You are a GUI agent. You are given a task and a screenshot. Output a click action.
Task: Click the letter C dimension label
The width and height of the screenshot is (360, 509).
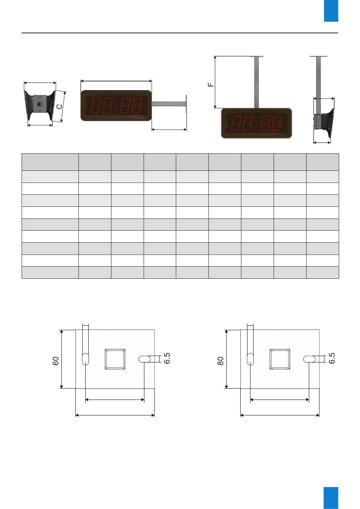click(x=59, y=106)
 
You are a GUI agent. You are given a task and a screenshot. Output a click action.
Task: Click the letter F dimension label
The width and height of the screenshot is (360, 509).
click(x=211, y=85)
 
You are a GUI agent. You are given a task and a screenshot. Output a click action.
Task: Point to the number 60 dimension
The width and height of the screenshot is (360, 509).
click(x=56, y=361)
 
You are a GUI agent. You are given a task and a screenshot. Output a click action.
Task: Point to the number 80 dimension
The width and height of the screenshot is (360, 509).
click(x=221, y=361)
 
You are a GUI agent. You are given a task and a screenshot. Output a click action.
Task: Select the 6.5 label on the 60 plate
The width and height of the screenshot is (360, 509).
click(x=167, y=358)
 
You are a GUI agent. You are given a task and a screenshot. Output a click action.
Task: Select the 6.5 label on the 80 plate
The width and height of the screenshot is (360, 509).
click(x=332, y=358)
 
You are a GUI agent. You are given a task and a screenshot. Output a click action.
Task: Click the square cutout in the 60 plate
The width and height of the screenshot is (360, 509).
click(x=115, y=359)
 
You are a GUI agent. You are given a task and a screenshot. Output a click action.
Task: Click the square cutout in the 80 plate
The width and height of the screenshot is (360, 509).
click(x=280, y=359)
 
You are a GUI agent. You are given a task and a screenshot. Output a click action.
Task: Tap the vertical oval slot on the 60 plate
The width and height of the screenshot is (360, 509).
click(x=85, y=359)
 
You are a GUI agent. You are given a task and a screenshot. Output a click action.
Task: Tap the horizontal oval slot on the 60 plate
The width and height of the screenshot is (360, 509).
click(x=145, y=359)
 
